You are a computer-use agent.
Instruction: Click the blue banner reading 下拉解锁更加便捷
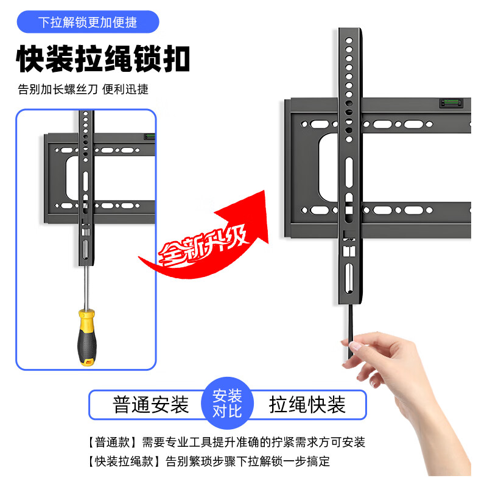click(x=88, y=23)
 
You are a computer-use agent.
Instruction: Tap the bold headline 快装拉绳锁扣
click(x=103, y=59)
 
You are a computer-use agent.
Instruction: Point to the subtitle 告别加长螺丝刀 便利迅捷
click(x=83, y=89)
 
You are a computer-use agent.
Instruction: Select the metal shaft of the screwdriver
click(x=86, y=286)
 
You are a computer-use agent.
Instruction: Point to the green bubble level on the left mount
click(x=147, y=136)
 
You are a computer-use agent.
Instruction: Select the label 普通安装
click(x=151, y=405)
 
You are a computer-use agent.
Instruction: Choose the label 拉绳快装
click(x=307, y=405)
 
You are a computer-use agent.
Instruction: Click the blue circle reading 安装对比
click(x=227, y=404)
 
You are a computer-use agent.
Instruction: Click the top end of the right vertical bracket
click(x=349, y=30)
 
